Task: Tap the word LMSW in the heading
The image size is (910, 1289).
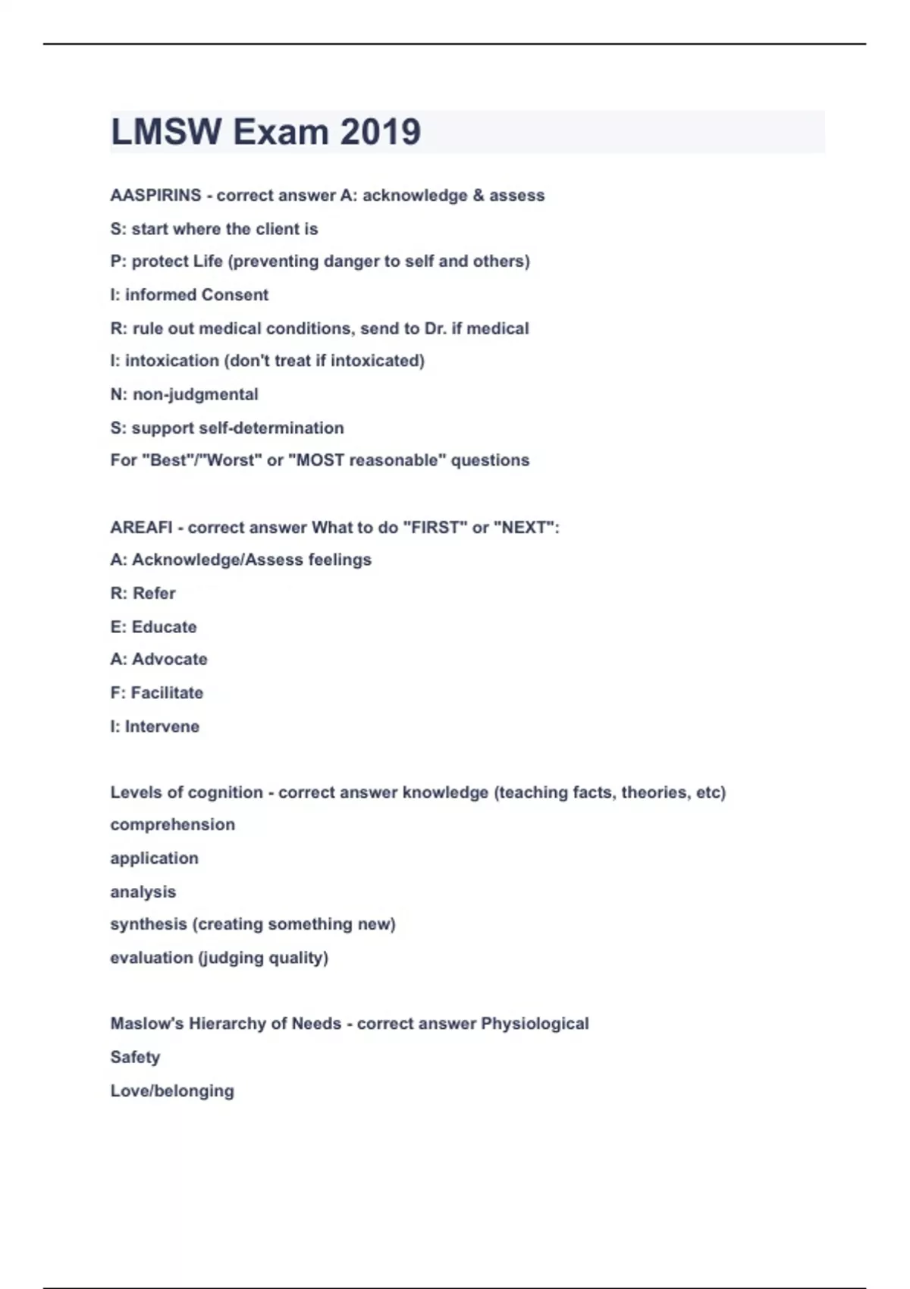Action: tap(166, 132)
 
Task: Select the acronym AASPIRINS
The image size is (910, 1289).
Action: tap(155, 196)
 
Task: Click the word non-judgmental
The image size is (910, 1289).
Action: tap(196, 394)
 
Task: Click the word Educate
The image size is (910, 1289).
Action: tap(164, 627)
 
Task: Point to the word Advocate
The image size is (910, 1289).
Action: tap(169, 660)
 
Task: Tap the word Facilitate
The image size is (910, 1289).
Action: tap(167, 693)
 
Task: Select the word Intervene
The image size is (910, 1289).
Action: tap(162, 726)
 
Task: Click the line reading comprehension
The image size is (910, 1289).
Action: tap(172, 825)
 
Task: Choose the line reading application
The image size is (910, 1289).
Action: tap(154, 858)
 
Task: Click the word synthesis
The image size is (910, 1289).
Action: tap(148, 924)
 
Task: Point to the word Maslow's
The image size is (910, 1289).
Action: tap(147, 1024)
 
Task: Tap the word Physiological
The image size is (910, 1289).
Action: tap(535, 1024)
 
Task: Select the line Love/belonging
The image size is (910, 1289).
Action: tap(172, 1091)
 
